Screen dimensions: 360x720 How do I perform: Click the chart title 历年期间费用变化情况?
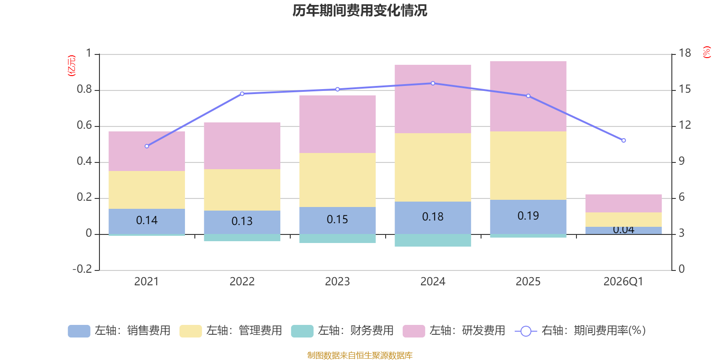tap(360, 10)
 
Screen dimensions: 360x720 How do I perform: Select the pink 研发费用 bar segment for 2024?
tap(433, 99)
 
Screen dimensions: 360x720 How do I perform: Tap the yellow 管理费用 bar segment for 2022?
tap(242, 189)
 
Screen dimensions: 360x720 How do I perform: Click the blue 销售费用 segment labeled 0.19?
tap(528, 216)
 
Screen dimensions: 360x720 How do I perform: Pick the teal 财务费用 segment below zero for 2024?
tap(433, 240)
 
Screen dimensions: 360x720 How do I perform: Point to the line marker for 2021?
tap(147, 146)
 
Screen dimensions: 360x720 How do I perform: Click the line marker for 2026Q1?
tap(624, 140)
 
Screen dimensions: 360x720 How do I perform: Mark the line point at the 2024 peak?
tap(433, 83)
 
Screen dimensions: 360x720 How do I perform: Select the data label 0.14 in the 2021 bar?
tap(147, 220)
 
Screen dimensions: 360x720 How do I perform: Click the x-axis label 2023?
tap(337, 282)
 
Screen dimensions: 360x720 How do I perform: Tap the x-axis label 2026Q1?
tap(623, 282)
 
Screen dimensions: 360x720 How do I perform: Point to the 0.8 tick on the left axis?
tap(84, 90)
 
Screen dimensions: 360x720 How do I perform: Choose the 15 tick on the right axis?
tap(685, 90)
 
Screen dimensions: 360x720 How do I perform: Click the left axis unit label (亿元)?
tap(71, 66)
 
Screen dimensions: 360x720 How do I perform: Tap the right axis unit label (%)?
tap(707, 52)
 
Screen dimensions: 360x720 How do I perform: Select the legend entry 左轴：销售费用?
tap(119, 331)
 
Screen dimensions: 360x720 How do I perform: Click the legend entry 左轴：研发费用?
tap(454, 331)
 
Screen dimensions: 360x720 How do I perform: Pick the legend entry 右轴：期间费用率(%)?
tap(580, 331)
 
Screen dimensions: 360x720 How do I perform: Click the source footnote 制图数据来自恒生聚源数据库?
tap(360, 355)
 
